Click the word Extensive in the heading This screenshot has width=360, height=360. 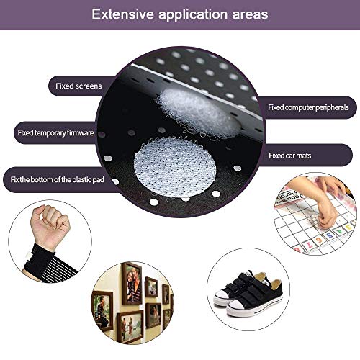click(122, 14)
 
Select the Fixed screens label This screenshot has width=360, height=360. click(78, 86)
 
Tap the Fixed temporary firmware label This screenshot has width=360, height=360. click(55, 132)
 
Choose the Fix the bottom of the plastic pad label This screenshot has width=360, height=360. click(57, 179)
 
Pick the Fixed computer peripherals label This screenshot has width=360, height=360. click(308, 107)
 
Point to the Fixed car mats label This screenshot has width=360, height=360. click(289, 156)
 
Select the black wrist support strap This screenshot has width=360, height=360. click(48, 264)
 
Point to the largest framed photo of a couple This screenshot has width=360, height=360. click(132, 284)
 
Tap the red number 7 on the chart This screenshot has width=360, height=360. click(310, 245)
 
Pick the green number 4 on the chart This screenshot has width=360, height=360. click(339, 232)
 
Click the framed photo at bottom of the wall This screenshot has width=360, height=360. click(130, 326)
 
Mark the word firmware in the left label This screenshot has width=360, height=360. click(81, 132)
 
